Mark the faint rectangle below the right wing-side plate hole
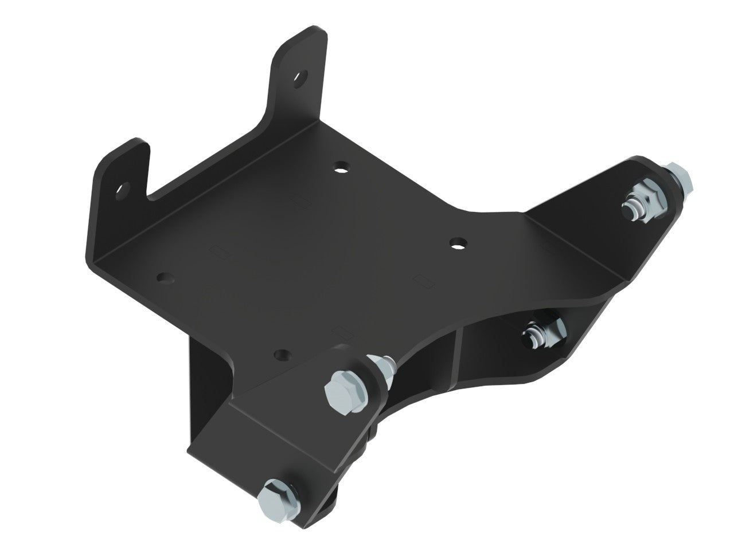[425, 280]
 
